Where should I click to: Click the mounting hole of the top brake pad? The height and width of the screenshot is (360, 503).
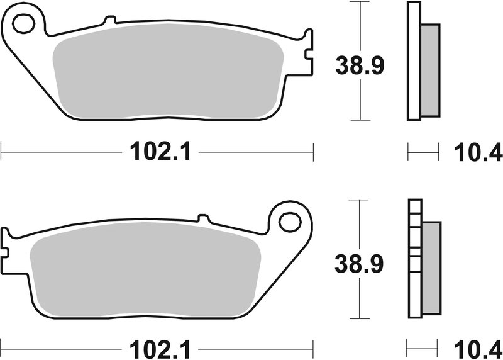point(24,26)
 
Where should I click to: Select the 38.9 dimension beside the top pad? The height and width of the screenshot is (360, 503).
point(359,64)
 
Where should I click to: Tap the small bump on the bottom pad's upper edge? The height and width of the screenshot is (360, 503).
point(202,218)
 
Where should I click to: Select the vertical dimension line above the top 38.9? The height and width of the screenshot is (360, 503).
point(359,25)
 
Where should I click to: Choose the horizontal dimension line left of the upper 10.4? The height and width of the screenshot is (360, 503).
point(423,151)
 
